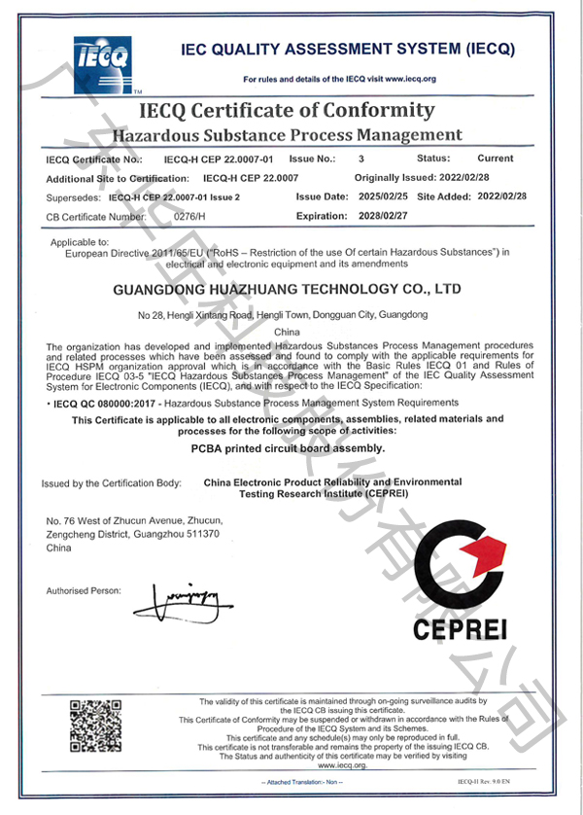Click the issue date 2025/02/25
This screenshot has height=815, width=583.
pyautogui.click(x=383, y=196)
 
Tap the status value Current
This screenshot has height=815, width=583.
pyautogui.click(x=496, y=158)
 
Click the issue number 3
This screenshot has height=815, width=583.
pyautogui.click(x=361, y=158)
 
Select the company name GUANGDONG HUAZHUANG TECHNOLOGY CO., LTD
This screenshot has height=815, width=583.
pyautogui.click(x=286, y=289)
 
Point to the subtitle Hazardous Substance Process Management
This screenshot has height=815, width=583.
pyautogui.click(x=288, y=134)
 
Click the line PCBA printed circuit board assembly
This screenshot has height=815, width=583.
pyautogui.click(x=289, y=448)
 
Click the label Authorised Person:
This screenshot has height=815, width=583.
pyautogui.click(x=84, y=590)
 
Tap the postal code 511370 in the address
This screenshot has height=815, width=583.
pyautogui.click(x=200, y=535)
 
